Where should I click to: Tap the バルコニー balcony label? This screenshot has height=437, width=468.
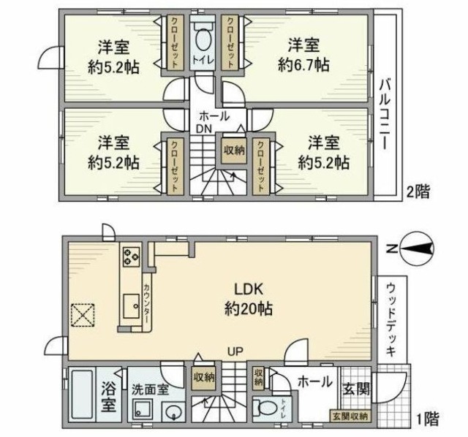point(383,110)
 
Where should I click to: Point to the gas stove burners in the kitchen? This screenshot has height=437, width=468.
point(132,256)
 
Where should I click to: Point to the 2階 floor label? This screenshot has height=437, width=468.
point(418,192)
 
